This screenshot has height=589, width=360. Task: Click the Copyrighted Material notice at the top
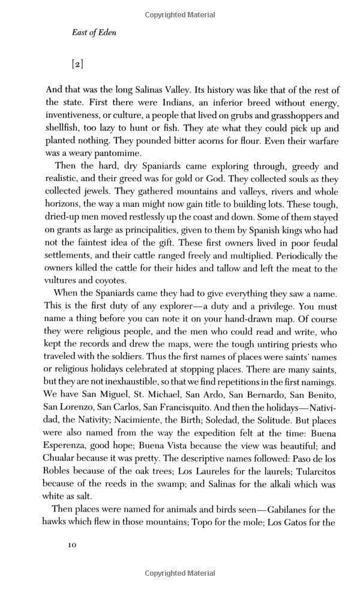(180, 8)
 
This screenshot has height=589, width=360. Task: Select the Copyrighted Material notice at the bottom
(180, 581)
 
